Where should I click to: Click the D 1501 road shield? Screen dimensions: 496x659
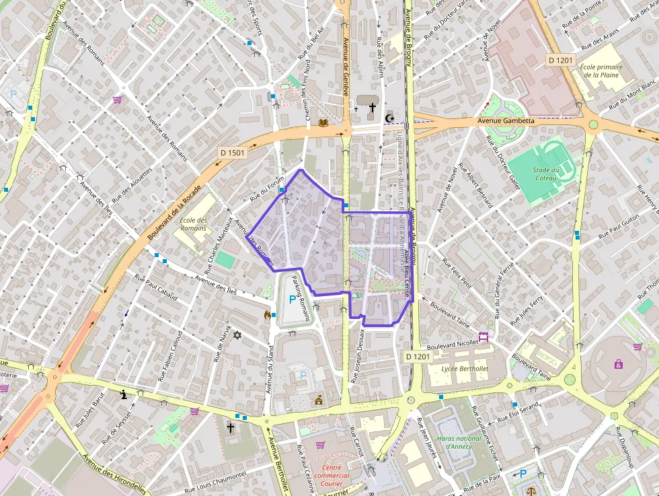tap(233, 153)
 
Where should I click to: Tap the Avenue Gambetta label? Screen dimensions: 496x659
tap(506, 121)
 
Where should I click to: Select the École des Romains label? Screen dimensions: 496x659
tap(194, 224)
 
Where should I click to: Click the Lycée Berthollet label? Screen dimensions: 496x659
tap(465, 369)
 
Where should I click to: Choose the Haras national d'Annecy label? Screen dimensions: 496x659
tap(459, 442)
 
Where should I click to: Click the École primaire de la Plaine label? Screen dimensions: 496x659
tap(600, 71)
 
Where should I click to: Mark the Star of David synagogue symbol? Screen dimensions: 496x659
tap(236, 334)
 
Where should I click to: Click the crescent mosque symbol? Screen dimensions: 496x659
tap(389, 118)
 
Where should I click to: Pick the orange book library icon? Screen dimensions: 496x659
tap(323, 122)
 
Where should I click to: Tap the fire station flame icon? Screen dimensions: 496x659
tap(268, 314)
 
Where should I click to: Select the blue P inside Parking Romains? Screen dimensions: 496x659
tap(291, 299)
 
